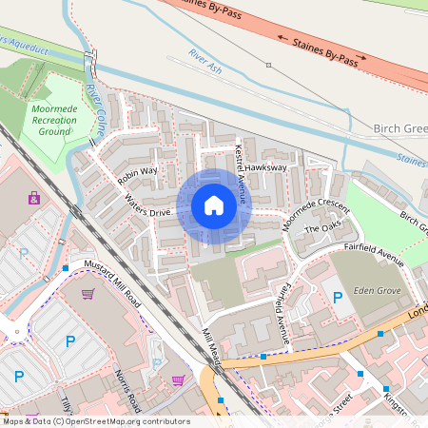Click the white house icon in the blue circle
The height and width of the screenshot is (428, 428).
click(214, 204)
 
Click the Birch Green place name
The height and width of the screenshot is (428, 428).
click(399, 129)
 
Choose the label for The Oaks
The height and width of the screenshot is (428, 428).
click(321, 231)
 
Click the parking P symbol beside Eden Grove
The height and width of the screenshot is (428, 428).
click(338, 299)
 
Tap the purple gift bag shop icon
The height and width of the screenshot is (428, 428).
click(34, 199)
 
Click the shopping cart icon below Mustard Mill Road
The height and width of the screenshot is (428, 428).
click(88, 294)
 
